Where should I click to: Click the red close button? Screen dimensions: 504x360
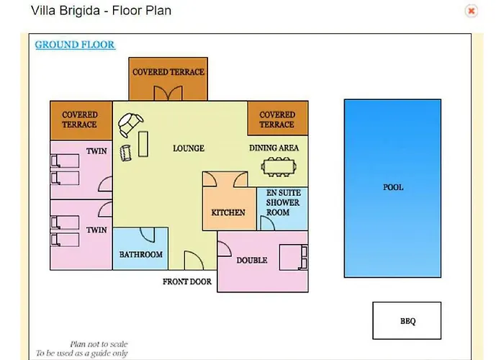coord(471,11)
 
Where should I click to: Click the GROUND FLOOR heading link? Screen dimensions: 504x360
coord(75,45)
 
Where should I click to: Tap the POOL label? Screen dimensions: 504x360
coord(393,187)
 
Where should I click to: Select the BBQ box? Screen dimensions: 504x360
coord(407,320)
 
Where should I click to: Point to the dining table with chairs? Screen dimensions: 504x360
coord(279,167)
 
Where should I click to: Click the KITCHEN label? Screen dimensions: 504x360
coord(228,212)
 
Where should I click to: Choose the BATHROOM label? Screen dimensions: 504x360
coord(141,255)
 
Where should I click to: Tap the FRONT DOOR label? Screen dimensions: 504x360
coord(187,282)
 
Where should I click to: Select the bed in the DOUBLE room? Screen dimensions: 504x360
coord(294,258)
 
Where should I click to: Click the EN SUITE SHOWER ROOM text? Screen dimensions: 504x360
coord(283,202)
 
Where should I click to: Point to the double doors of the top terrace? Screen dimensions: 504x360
coord(168,93)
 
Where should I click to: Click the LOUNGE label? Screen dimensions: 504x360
coord(189,148)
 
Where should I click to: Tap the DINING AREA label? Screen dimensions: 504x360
coord(274,148)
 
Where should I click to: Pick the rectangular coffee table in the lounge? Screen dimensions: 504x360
coord(143,144)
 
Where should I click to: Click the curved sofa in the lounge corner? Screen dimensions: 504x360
coord(130,124)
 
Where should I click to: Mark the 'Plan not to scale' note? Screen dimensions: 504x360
coord(99,344)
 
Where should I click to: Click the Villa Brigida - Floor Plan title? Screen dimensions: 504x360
coord(101,11)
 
